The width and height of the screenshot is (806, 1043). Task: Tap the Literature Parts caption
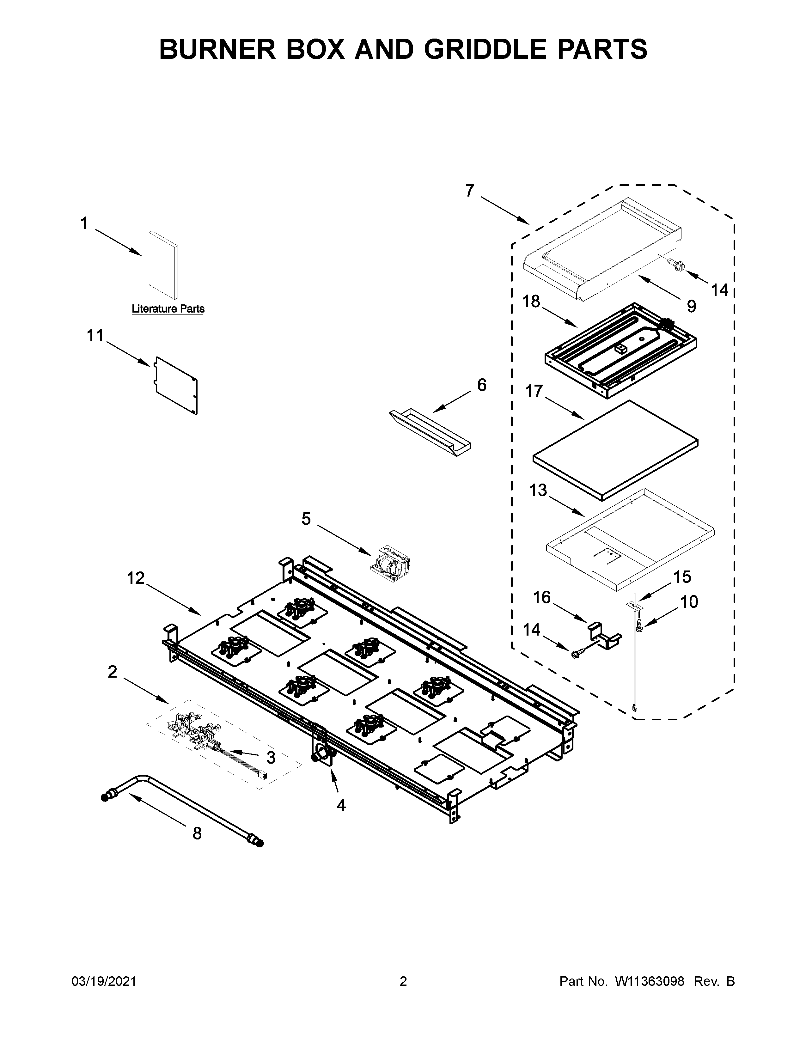tap(168, 309)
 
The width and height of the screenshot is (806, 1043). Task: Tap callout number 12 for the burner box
tap(136, 578)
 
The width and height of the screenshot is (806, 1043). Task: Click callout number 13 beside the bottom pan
tap(538, 491)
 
